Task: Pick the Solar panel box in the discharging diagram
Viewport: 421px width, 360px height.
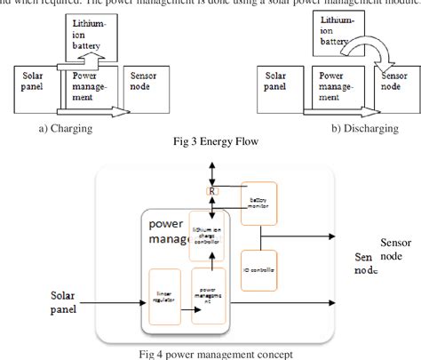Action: click(276, 86)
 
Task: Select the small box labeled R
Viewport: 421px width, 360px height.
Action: click(212, 191)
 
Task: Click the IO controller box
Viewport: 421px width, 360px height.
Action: click(258, 270)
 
